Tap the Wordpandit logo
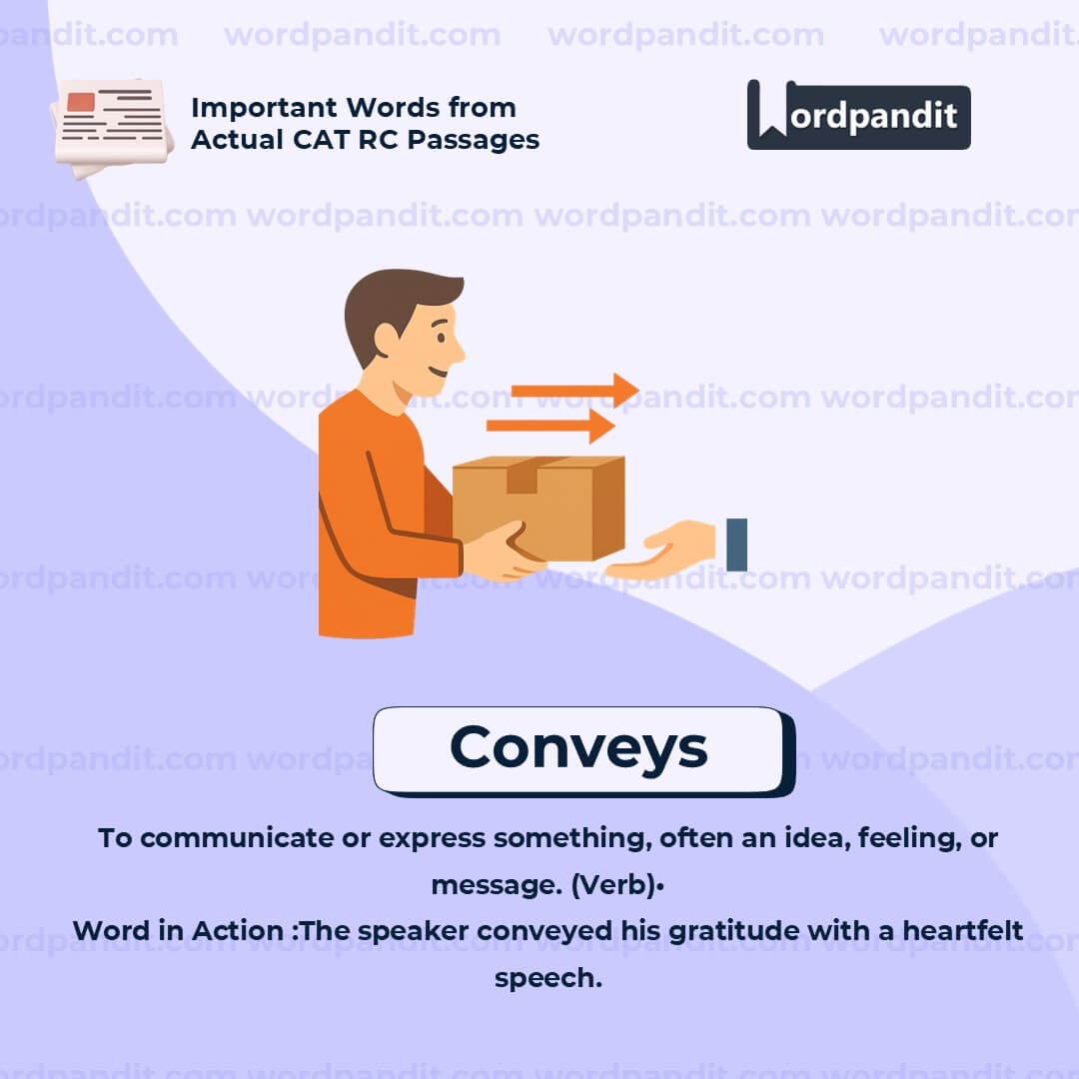tap(858, 116)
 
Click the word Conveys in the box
tap(578, 747)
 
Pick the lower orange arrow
tap(549, 426)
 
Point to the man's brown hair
tap(395, 300)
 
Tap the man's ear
tap(387, 340)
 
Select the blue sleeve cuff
tap(736, 544)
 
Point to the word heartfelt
tap(962, 931)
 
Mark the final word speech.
tap(547, 977)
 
